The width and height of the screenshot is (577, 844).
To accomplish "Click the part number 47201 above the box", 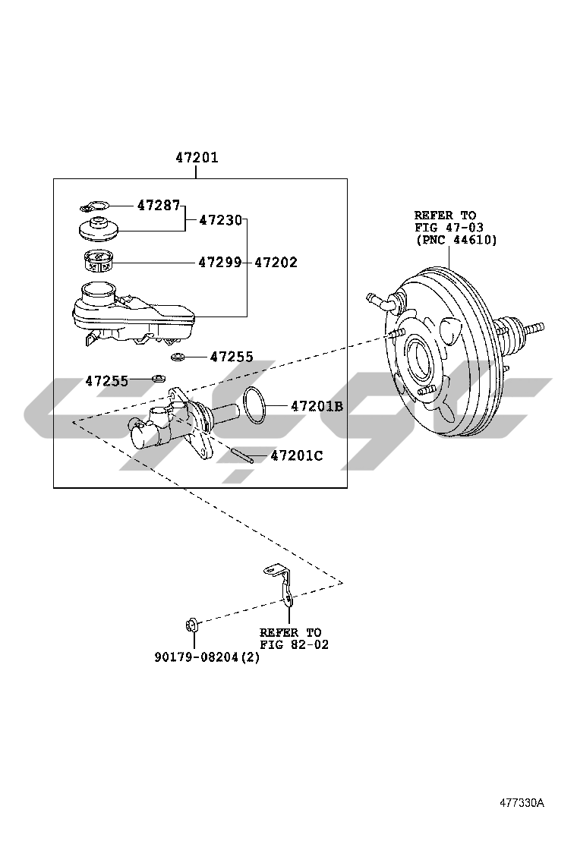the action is pyautogui.click(x=197, y=158).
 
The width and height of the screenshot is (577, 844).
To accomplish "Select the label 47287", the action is pyautogui.click(x=158, y=204).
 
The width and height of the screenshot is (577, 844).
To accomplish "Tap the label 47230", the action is pyautogui.click(x=220, y=219).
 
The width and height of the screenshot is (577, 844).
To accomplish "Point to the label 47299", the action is pyautogui.click(x=220, y=262).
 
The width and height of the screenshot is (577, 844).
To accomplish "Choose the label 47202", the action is pyautogui.click(x=276, y=262).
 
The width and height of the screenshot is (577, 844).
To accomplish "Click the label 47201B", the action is pyautogui.click(x=317, y=406).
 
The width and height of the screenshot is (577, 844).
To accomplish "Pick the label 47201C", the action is pyautogui.click(x=297, y=455).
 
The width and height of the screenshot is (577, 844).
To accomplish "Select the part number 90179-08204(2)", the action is pyautogui.click(x=207, y=657).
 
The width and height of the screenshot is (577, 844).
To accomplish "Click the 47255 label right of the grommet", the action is pyautogui.click(x=232, y=356).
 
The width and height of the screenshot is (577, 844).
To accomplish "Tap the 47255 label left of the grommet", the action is pyautogui.click(x=106, y=381).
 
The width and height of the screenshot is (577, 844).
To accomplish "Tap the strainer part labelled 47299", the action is pyautogui.click(x=99, y=262).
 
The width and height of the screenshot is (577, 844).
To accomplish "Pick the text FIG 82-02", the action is pyautogui.click(x=294, y=644).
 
